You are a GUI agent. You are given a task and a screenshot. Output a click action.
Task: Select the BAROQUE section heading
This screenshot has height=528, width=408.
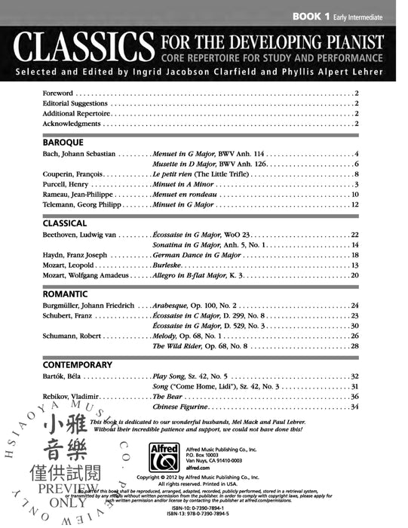[63, 142]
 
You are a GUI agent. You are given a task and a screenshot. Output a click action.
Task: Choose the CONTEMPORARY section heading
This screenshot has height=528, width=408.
[77, 364]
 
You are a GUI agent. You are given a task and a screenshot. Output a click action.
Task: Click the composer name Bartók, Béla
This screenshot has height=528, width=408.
[63, 376]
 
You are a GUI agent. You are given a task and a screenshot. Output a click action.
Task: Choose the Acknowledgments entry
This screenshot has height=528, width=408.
[72, 123]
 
